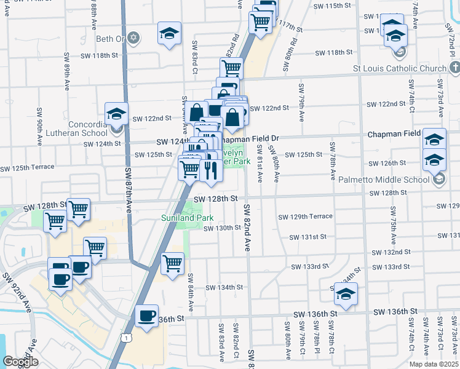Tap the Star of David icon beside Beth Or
134,39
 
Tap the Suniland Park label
187,218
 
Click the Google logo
20,362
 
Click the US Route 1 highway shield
126,338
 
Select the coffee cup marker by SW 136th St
146,316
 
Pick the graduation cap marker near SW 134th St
346,295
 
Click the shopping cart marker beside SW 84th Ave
173,263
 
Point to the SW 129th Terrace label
305,216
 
